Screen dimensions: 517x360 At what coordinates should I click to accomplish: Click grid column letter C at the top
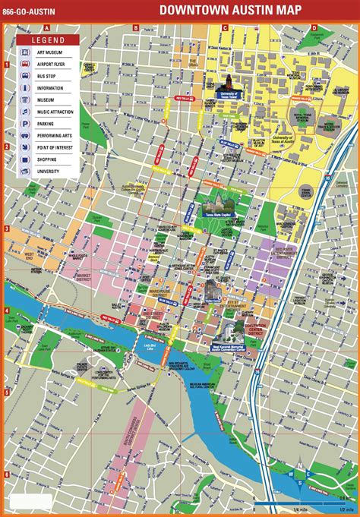[225, 28]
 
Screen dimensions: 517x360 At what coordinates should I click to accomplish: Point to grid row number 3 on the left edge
[6, 229]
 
